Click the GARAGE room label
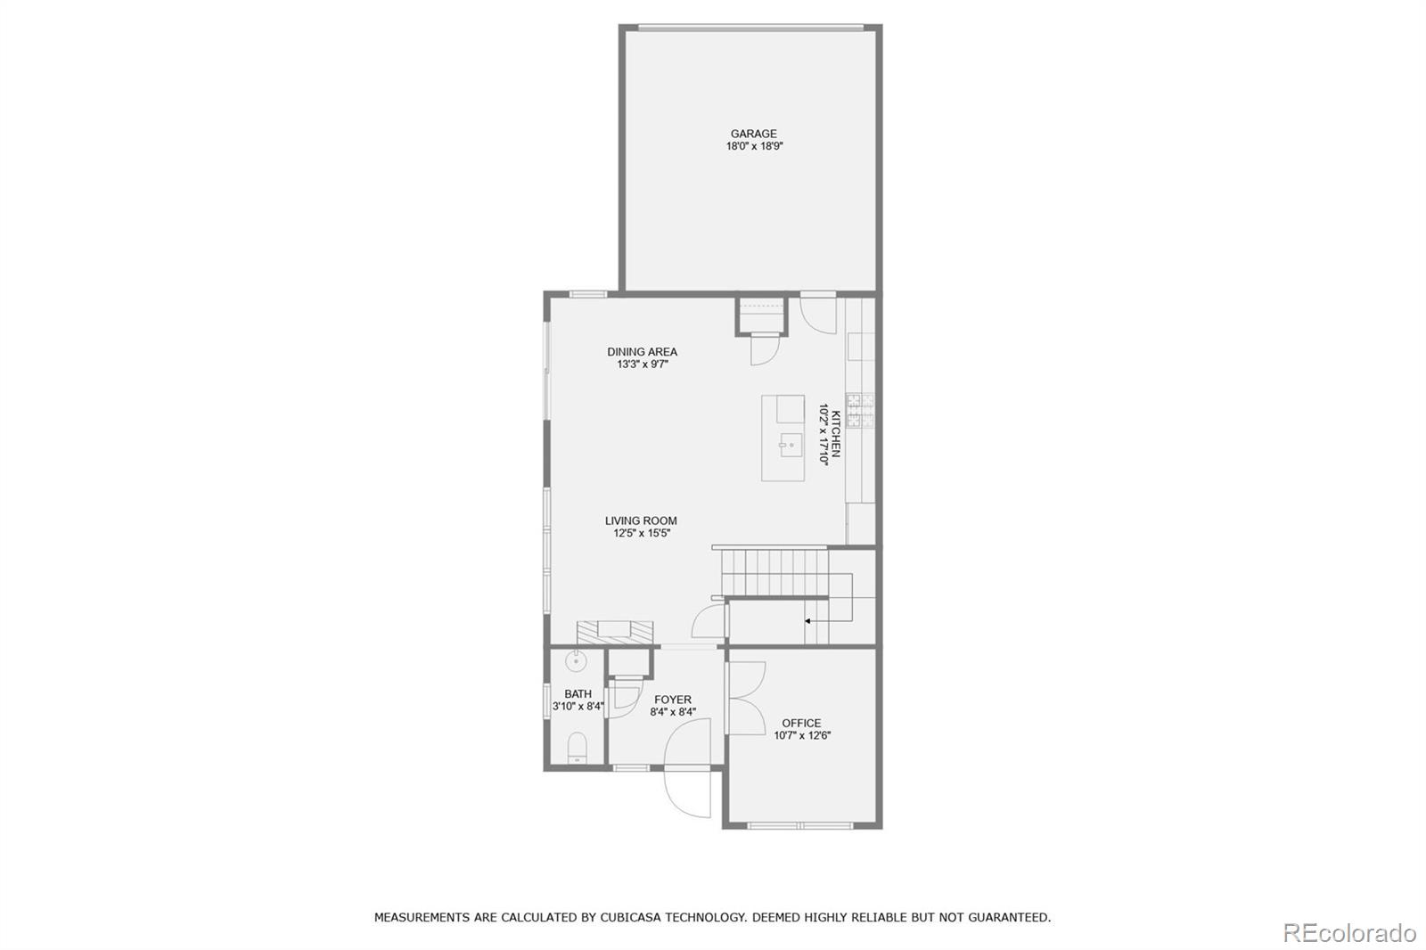coord(754,134)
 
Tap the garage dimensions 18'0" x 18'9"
coord(754,146)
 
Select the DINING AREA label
coord(642,352)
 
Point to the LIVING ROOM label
coord(641,521)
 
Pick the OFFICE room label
coord(801,724)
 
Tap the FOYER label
coord(672,700)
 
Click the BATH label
coord(578,694)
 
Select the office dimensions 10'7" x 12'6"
coord(802,736)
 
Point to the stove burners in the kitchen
coord(854,411)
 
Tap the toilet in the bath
coord(577,747)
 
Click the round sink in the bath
coord(577,661)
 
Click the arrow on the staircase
coord(808,620)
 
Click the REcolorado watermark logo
coord(1349,933)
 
